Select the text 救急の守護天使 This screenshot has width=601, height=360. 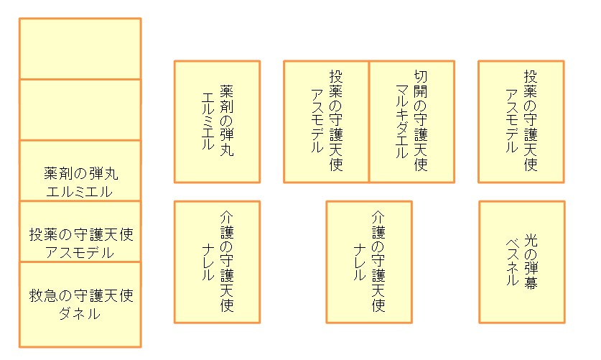coord(80,295)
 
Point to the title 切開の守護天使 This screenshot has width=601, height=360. coord(421,121)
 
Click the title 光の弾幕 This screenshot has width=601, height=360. coord(531,260)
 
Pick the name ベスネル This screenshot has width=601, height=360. coord(511,260)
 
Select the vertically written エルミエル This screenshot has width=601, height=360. coord(208,121)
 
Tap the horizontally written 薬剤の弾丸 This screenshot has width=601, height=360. coord(80,173)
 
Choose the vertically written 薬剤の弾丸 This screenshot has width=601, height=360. coord(226,121)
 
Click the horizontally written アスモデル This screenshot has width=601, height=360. coord(80,252)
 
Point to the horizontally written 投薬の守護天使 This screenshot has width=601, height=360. coord(80,234)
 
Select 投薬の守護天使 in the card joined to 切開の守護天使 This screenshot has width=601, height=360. coord(336,121)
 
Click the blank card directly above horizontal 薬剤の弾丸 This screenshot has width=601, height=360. coord(80,109)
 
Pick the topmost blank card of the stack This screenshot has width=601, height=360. coord(80,48)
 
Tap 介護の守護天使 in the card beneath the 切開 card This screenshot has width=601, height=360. coord(378,260)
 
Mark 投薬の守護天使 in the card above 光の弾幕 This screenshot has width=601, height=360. coord(531,121)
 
